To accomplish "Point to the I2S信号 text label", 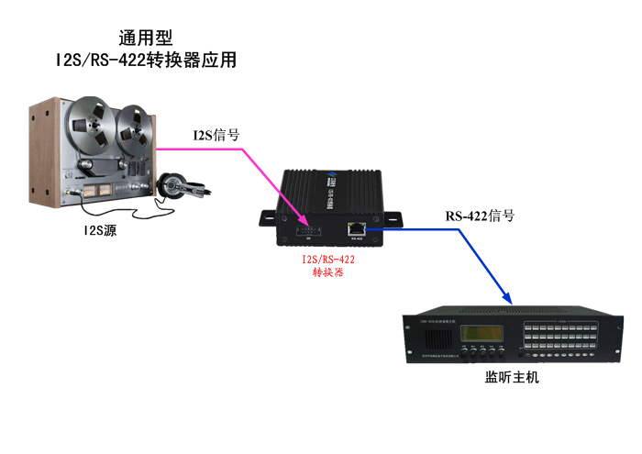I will click(x=216, y=135).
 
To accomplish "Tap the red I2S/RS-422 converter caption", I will click(x=327, y=266).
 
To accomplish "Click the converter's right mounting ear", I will click(x=393, y=219).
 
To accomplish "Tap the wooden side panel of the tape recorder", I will click(x=39, y=156).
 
